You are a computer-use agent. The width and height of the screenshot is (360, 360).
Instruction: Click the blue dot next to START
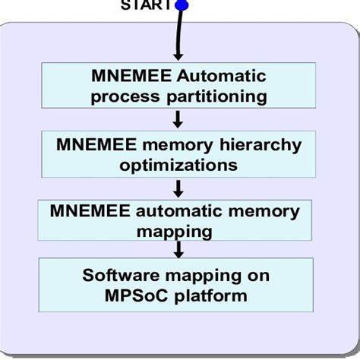(x=182, y=5)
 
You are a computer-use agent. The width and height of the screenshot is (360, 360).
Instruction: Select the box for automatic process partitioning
(x=178, y=86)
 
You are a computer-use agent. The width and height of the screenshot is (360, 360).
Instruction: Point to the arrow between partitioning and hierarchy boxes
(x=177, y=119)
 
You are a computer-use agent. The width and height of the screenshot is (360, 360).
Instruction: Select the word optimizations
(x=179, y=164)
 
